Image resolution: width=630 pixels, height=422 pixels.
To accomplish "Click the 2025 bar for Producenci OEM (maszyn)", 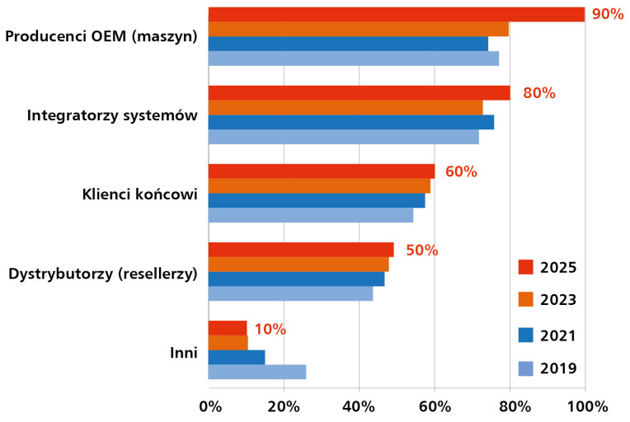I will coord(396,14).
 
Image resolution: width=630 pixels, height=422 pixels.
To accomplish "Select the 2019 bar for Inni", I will coord(256,372).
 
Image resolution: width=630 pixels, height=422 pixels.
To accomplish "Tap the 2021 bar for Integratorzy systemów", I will coord(350,122).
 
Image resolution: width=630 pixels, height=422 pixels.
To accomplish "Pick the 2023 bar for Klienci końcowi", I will coord(319,186).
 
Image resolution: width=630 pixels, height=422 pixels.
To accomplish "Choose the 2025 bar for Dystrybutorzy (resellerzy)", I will coord(301,250).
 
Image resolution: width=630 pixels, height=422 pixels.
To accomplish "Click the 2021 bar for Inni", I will coord(236,357).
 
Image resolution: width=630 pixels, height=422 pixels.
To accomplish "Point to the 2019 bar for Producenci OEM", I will coord(353,59).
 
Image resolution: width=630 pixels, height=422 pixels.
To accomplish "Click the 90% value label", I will coord(607,14).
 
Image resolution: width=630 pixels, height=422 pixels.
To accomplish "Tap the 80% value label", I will coord(538,93).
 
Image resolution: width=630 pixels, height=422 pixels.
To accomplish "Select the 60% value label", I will coord(461,171).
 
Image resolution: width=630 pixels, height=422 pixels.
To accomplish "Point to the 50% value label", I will coord(421,250).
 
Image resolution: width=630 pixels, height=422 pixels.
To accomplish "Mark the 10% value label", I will coord(270,329).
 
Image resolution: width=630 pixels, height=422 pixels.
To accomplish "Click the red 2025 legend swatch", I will coord(526,267).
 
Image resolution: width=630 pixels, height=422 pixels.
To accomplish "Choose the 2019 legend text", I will coord(558,368).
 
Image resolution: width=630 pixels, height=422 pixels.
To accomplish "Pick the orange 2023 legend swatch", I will coord(526,299).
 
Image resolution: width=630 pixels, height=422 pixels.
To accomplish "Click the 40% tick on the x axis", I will coord(359,406).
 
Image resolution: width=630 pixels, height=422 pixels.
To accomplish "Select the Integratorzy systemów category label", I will coord(112,115).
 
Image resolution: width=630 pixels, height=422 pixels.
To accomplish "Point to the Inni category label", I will coord(182,353).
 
